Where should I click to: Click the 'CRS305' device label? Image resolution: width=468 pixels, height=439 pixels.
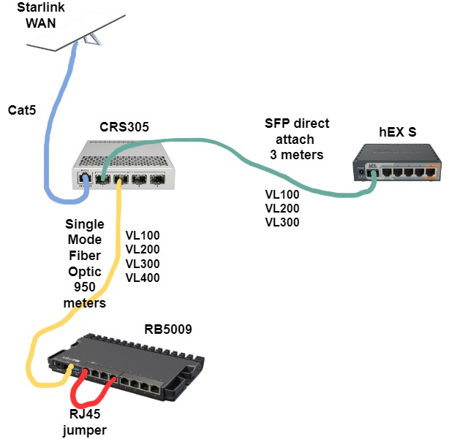[x=124, y=127]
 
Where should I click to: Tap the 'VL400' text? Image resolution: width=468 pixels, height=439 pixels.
[x=142, y=278]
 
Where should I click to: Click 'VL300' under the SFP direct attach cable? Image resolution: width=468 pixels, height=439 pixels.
[x=282, y=223]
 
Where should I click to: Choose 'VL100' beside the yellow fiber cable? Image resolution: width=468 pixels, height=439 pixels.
[x=142, y=235]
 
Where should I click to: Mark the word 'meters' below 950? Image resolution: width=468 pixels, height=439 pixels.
[x=85, y=302]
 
